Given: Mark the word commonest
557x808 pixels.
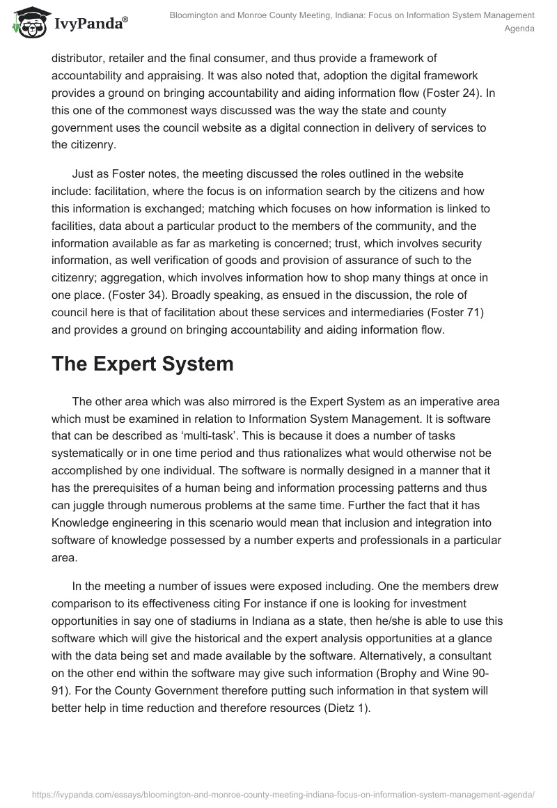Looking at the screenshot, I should [196, 111].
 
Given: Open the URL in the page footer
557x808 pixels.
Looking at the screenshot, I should [278, 794].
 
